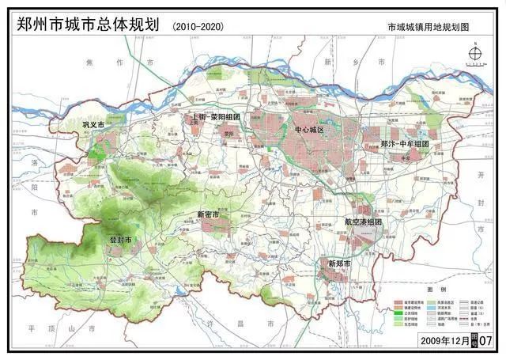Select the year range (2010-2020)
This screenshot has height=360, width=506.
(198, 26)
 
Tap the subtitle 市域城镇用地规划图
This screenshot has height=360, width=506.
(428, 27)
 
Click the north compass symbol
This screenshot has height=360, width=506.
(474, 55)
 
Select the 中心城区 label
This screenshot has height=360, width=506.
(309, 129)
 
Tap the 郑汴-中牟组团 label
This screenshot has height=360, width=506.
(404, 144)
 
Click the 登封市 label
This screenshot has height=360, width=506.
(119, 240)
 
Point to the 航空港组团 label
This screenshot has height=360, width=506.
(363, 222)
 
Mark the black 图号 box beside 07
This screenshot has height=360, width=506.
(473, 339)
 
